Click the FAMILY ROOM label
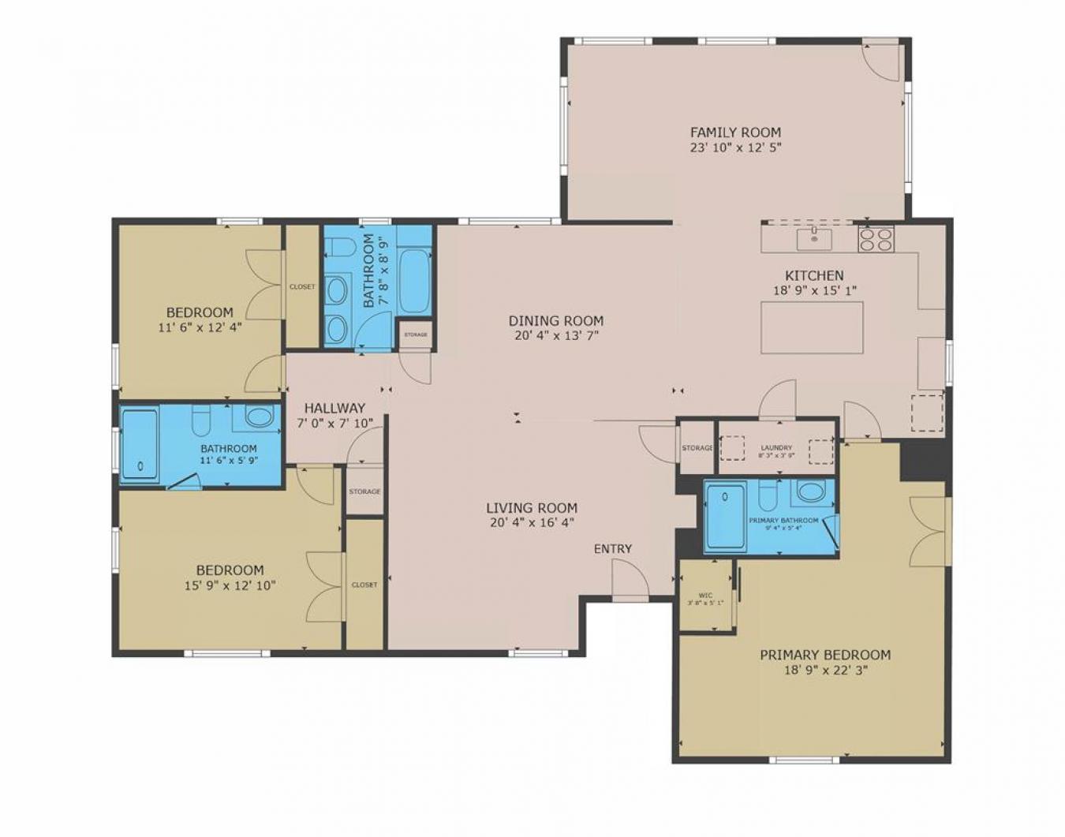pyautogui.click(x=735, y=133)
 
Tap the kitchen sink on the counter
pyautogui.click(x=813, y=236)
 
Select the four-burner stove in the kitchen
pyautogui.click(x=876, y=239)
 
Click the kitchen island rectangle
pyautogui.click(x=812, y=327)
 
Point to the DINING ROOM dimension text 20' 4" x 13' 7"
pyautogui.click(x=555, y=335)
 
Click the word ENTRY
pyautogui.click(x=613, y=549)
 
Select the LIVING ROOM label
pyautogui.click(x=532, y=508)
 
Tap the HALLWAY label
pyautogui.click(x=334, y=408)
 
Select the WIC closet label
pyautogui.click(x=705, y=596)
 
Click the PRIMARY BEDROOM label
pyautogui.click(x=825, y=655)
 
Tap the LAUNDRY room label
pyautogui.click(x=777, y=448)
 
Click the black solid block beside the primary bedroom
pyautogui.click(x=922, y=459)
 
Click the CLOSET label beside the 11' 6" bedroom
pyautogui.click(x=301, y=287)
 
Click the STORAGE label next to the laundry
pyautogui.click(x=697, y=448)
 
